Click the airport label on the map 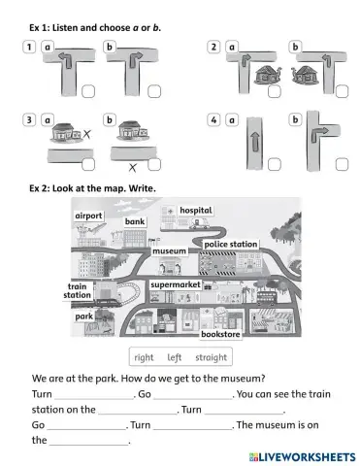coord(89,216)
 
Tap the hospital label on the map coord(195,211)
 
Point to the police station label coord(230,244)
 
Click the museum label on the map coord(169,250)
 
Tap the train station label coord(78,290)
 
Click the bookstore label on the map coord(219,333)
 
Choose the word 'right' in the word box coord(144,356)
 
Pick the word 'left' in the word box coord(175,356)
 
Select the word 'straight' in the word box coord(211,356)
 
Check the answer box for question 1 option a coord(87,93)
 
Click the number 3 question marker coord(29,119)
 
